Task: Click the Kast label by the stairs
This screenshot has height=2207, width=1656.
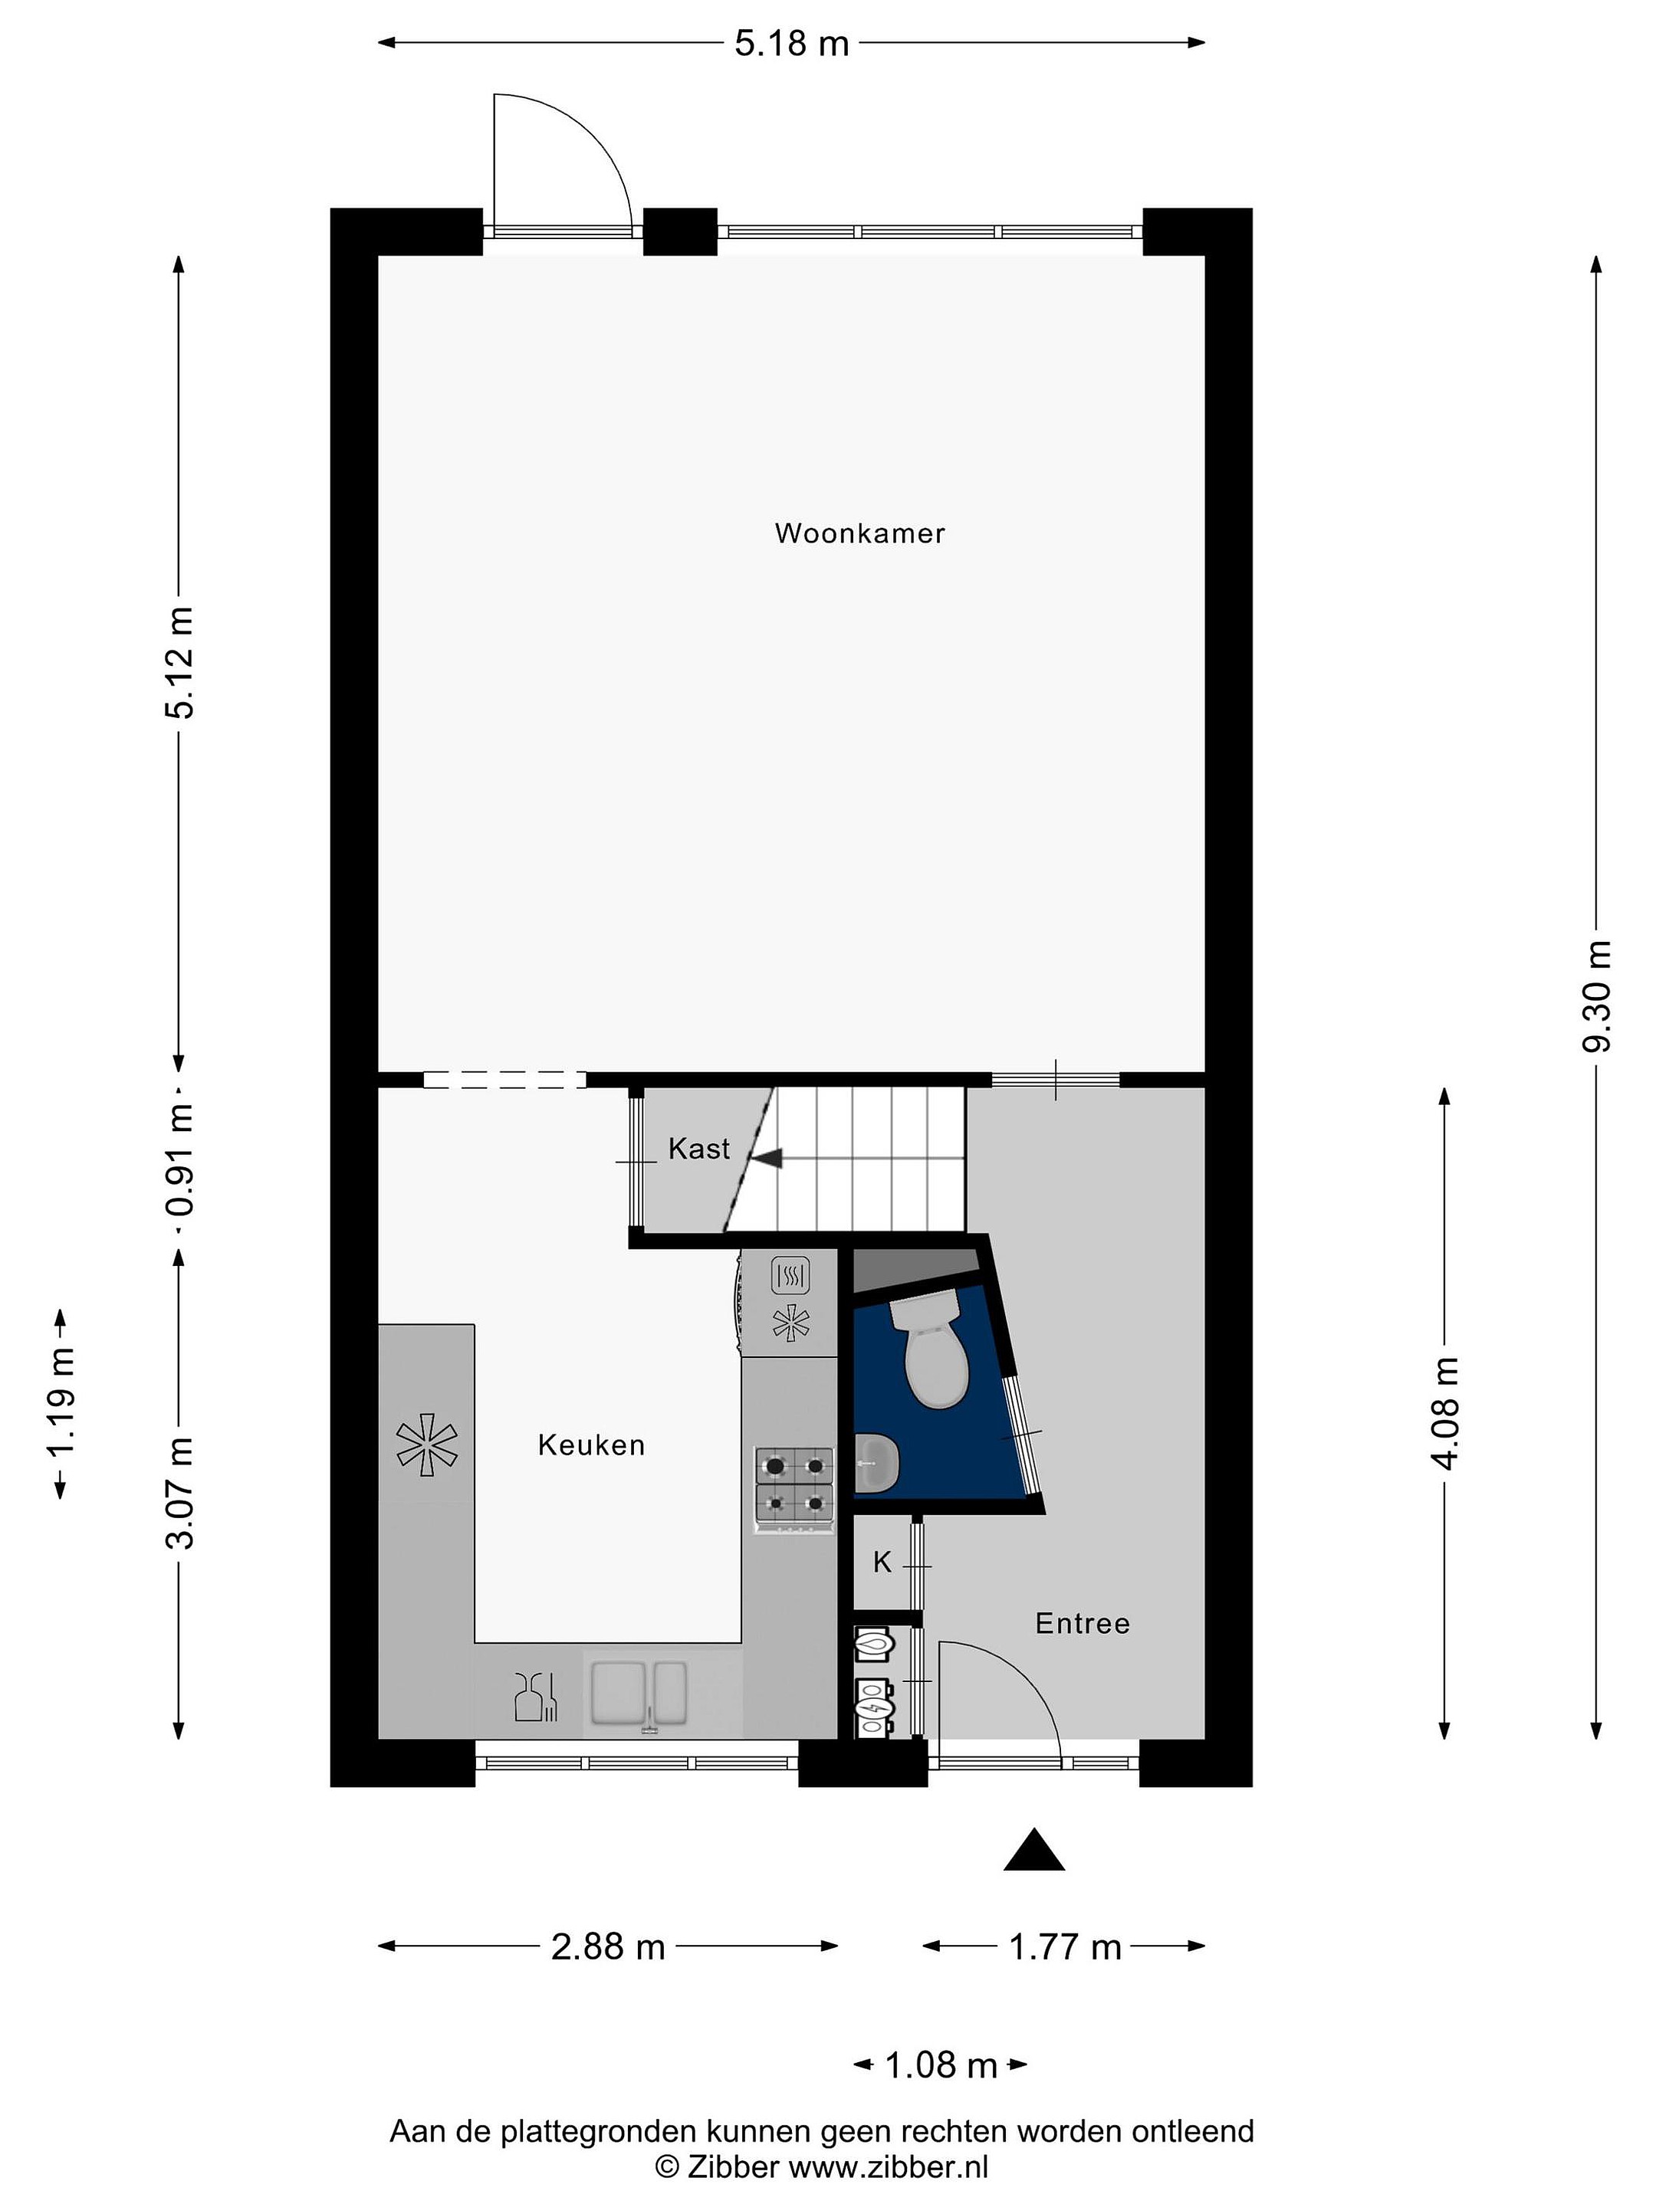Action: tap(698, 1149)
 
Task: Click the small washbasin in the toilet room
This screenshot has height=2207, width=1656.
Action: tap(877, 1463)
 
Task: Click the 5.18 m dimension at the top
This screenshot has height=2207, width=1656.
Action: tap(791, 43)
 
